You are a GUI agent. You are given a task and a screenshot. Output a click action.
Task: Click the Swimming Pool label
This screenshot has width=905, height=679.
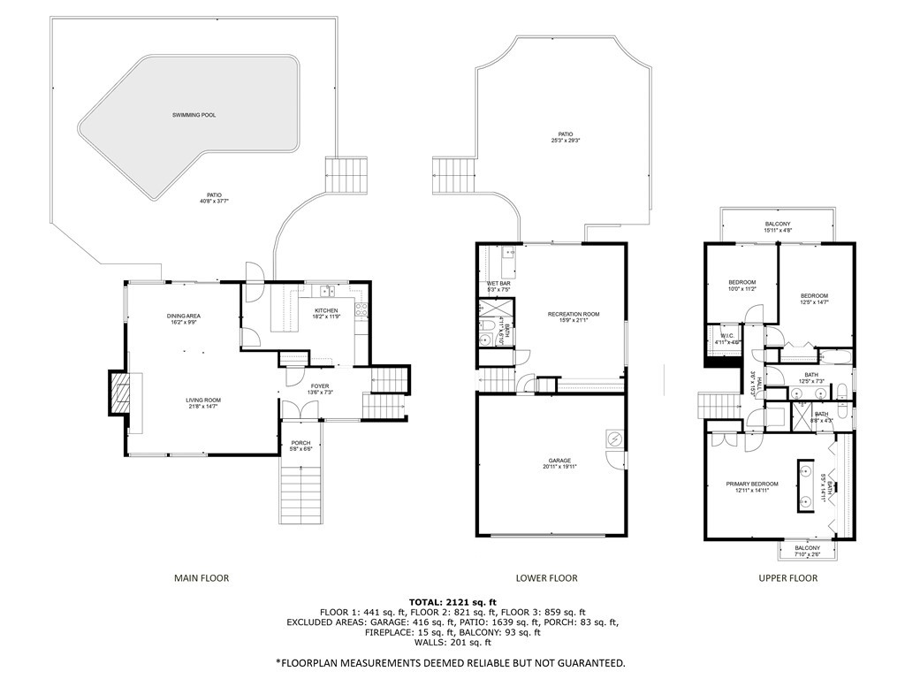pos(194,115)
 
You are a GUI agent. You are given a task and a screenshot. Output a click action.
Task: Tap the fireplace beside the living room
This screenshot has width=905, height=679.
pos(118,392)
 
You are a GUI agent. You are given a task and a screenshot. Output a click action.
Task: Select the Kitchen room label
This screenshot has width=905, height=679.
pos(326,310)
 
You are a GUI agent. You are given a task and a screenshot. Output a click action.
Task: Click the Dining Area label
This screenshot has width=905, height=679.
pos(185,316)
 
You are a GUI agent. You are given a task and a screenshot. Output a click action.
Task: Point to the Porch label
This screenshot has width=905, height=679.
pos(301,444)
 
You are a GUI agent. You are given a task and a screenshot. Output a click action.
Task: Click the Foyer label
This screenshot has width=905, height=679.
pos(319,386)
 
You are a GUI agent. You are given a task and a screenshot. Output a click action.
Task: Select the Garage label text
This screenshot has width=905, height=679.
pos(559,460)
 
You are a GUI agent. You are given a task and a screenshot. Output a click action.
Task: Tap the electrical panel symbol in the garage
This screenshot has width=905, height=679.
pos(613,439)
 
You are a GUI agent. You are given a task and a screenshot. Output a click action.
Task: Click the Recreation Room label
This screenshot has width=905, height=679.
pos(574,314)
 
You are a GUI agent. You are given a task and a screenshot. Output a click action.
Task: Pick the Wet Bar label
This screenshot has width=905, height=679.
pos(499,283)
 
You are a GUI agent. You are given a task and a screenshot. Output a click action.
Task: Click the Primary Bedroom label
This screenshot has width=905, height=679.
pos(752,484)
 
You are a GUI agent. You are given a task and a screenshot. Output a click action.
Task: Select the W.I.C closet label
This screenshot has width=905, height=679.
pos(726,335)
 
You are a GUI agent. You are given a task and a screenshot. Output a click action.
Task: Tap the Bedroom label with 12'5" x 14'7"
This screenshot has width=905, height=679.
pos(814,295)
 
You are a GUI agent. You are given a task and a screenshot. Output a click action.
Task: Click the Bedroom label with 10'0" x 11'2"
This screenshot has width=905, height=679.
pos(741,282)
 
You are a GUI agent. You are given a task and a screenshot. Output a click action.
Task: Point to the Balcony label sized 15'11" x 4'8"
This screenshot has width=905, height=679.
pos(778,224)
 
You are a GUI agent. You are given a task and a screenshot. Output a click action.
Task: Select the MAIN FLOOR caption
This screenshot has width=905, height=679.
pos(201,578)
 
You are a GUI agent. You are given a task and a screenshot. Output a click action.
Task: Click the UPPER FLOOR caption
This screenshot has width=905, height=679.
pos(788,578)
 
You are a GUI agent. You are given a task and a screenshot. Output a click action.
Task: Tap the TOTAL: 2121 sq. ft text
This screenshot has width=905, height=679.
pos(452,601)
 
